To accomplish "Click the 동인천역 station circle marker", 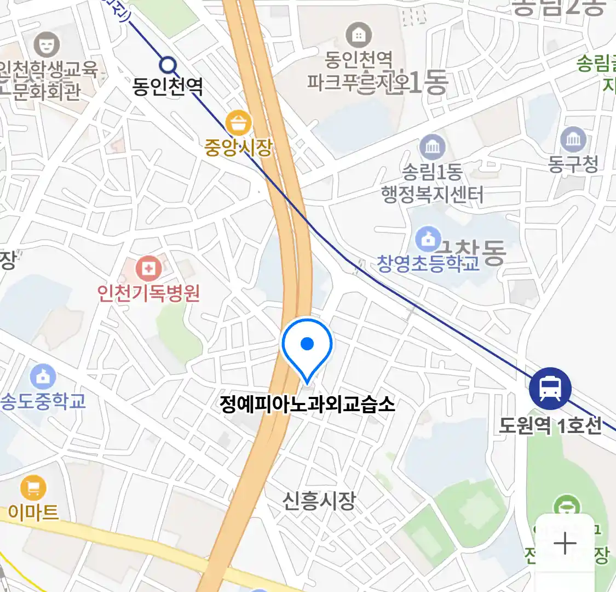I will click(168, 66).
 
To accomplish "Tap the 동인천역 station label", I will click(168, 87).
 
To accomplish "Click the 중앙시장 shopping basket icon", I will click(239, 122).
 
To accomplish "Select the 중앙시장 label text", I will click(238, 147).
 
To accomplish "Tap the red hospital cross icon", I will click(148, 269).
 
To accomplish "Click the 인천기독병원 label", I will click(149, 293).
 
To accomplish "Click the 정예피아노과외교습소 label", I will click(307, 405).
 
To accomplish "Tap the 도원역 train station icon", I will click(550, 388).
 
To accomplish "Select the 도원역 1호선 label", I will click(550, 425).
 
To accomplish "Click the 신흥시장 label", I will click(319, 500).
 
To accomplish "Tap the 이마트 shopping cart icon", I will click(33, 487).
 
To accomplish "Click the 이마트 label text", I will click(33, 513).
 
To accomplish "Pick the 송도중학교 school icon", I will click(43, 377).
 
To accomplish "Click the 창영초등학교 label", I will click(428, 264).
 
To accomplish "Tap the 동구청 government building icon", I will click(573, 140).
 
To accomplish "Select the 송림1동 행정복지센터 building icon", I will click(433, 147).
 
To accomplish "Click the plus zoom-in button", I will click(565, 544).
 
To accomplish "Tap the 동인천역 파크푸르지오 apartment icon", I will click(359, 36).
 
